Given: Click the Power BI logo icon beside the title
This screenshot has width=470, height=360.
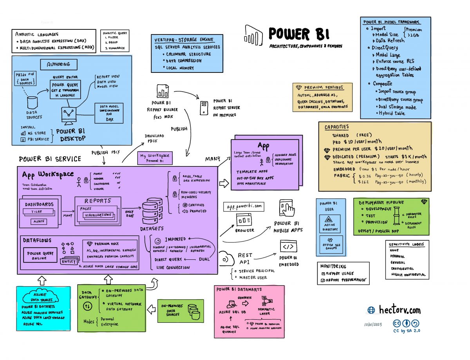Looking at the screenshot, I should click(253, 34).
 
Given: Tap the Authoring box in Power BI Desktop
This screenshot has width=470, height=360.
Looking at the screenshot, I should click(59, 64).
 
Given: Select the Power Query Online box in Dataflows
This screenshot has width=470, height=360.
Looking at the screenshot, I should click(40, 255).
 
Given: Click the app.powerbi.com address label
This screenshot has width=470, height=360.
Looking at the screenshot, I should click(244, 206).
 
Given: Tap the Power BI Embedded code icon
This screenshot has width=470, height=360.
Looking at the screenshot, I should click(288, 246).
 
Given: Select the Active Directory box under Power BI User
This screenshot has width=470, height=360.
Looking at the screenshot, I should click(330, 224).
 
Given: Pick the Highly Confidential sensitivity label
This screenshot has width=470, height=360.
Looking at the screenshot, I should click(408, 275).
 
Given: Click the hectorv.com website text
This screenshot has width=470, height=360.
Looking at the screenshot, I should click(399, 310).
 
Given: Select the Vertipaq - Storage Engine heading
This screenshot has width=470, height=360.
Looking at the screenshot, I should click(184, 40).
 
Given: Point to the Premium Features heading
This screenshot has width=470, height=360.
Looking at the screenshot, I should click(323, 87).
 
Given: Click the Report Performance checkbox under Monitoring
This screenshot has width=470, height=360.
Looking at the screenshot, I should click(323, 280).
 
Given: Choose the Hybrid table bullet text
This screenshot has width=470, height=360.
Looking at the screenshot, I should click(392, 113).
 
